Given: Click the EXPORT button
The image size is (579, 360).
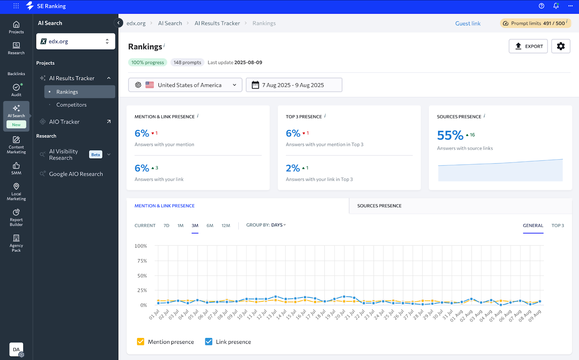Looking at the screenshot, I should (x=528, y=46).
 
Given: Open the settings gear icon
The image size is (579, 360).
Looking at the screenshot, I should (x=561, y=46).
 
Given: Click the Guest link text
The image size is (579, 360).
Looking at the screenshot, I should (x=468, y=24).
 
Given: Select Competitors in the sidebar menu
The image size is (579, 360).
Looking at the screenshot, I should (x=71, y=105).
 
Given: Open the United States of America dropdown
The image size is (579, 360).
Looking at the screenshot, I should (x=185, y=85).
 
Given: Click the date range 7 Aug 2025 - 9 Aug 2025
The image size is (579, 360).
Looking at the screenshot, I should (x=293, y=85).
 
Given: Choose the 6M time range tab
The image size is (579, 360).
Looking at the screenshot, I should (x=210, y=225).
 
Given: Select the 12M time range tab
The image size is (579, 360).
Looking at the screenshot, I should (x=226, y=225).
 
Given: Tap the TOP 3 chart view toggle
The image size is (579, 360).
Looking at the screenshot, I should (x=558, y=225).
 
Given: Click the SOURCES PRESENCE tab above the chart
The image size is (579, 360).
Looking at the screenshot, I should (x=379, y=206).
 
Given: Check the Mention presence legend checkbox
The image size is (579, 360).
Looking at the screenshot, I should (x=141, y=342).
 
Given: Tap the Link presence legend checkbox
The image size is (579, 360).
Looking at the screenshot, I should (x=209, y=342).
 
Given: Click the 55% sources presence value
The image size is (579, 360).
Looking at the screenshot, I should (x=450, y=135).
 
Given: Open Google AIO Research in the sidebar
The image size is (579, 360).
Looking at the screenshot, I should (x=76, y=174).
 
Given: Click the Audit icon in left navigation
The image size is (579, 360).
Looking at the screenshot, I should (x=16, y=89).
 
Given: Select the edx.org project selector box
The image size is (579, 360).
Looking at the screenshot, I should (x=76, y=41).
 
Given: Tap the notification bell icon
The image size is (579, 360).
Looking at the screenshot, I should (x=556, y=6).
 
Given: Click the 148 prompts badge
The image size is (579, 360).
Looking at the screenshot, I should (x=187, y=62).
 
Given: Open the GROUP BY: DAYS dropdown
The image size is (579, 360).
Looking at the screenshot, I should (x=266, y=225).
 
